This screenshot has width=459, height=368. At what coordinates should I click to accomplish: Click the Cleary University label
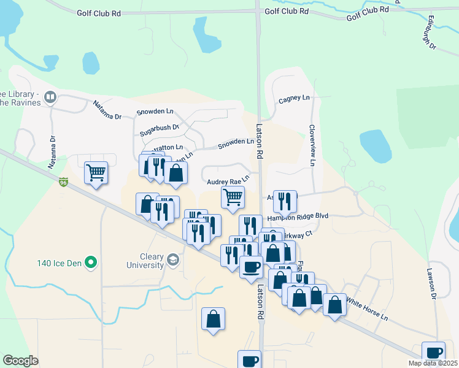point(143,261)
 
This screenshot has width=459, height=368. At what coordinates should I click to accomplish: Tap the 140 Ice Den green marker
point(91,263)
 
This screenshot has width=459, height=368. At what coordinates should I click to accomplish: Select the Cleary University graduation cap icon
point(172,260)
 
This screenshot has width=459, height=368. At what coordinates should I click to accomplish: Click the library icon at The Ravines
point(50,96)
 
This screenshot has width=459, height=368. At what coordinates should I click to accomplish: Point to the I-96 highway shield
point(63,182)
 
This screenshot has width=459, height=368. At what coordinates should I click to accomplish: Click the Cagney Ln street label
point(295,98)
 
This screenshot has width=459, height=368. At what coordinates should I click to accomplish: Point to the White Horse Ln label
point(368,309)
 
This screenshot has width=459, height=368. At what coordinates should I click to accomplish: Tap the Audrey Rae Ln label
point(228,182)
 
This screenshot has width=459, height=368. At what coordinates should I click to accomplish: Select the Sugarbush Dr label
point(158,128)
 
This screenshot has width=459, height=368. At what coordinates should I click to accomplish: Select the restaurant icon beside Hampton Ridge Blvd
point(285,201)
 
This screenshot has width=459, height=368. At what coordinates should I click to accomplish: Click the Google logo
point(20,361)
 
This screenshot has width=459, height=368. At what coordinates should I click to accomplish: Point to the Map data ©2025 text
point(433,363)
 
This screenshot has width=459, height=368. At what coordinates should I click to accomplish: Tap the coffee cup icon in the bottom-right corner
point(434,353)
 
